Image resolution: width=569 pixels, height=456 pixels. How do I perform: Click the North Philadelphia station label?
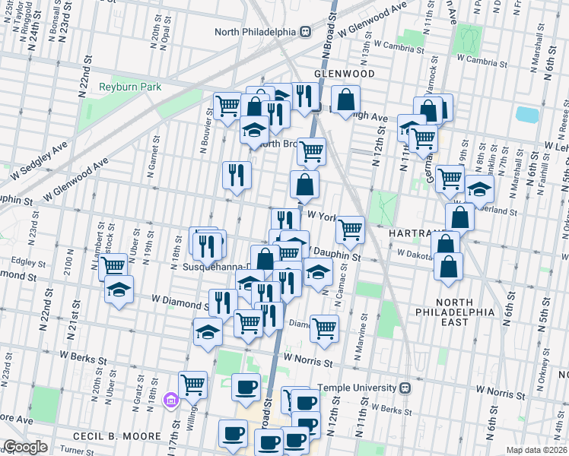click(256, 31)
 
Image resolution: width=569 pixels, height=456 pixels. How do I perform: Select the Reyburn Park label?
click(130, 87)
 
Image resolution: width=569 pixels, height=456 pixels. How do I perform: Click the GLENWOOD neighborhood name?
click(345, 74)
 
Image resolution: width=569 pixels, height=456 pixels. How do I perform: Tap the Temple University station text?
click(358, 388)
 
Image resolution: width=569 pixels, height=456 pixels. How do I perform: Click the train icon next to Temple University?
click(406, 388)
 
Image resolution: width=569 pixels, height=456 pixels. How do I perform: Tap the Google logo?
click(24, 447)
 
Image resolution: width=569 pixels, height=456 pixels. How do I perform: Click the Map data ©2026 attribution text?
click(537, 450)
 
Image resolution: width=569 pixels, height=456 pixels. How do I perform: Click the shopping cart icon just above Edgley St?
click(113, 266)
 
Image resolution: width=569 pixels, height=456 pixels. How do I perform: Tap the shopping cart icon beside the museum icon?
click(193, 385)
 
